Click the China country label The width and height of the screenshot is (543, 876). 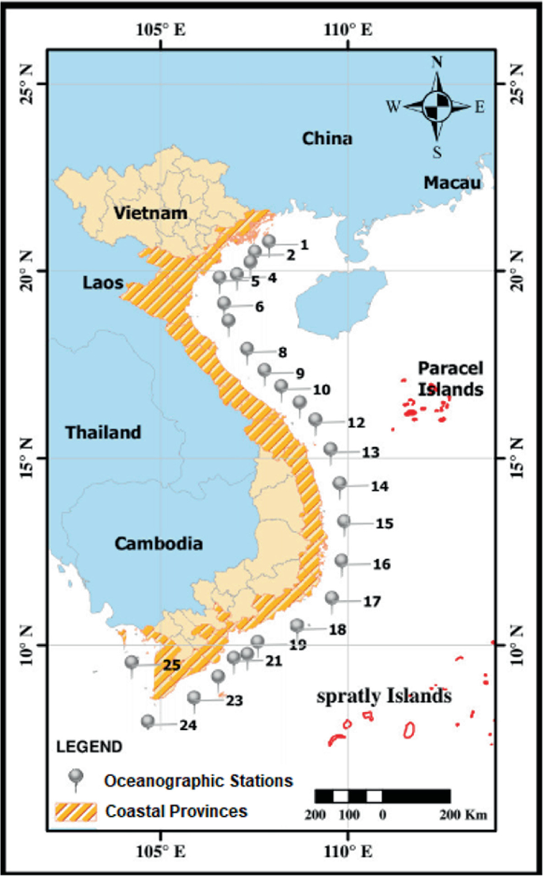[327, 139]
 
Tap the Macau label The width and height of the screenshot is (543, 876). [452, 183]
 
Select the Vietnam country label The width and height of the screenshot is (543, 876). [150, 212]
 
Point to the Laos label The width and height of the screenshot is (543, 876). [102, 283]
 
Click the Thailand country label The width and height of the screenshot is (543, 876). [103, 433]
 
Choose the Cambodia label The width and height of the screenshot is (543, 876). [159, 544]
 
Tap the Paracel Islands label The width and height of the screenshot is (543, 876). [451, 379]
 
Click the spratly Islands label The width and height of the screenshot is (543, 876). [384, 697]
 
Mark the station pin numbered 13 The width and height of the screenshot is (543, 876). [331, 449]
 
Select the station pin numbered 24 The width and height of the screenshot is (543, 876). [147, 721]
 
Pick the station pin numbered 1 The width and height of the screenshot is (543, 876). [269, 240]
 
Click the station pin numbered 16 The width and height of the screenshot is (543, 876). [342, 560]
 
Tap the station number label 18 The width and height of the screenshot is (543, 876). [337, 630]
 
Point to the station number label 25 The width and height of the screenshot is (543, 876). [172, 665]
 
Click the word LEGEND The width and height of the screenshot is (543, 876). [89, 747]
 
